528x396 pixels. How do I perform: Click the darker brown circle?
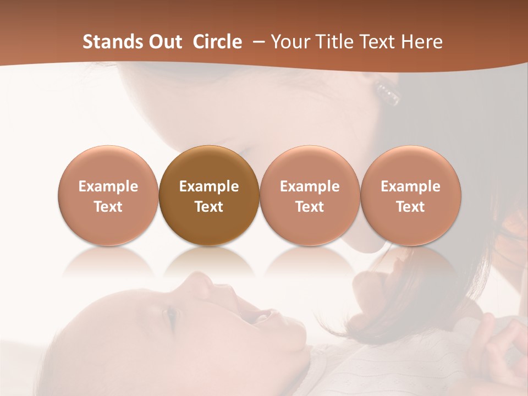click(x=208, y=196)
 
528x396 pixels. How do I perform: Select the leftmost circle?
click(x=108, y=196)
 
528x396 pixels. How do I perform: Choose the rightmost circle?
click(x=410, y=196)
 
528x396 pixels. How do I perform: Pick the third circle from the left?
click(x=310, y=196)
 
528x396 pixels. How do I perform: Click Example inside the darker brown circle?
click(x=209, y=186)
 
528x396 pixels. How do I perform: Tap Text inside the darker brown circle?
click(x=209, y=207)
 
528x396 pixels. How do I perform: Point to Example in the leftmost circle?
click(x=108, y=186)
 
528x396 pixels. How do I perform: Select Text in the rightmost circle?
click(x=410, y=207)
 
